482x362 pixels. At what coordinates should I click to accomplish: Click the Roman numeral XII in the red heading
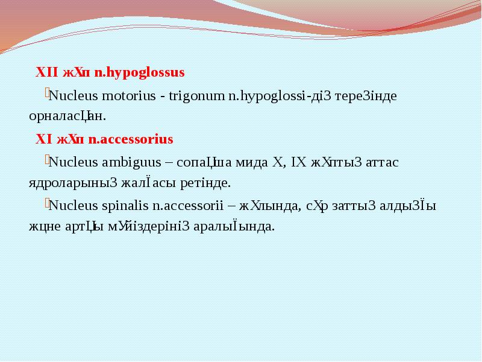click(x=47, y=73)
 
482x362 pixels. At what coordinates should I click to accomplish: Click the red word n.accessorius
click(x=131, y=139)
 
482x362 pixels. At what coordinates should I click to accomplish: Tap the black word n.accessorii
click(x=187, y=206)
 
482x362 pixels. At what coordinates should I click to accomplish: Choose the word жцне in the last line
click(x=43, y=226)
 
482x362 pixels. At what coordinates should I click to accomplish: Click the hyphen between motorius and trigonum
click(x=163, y=96)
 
